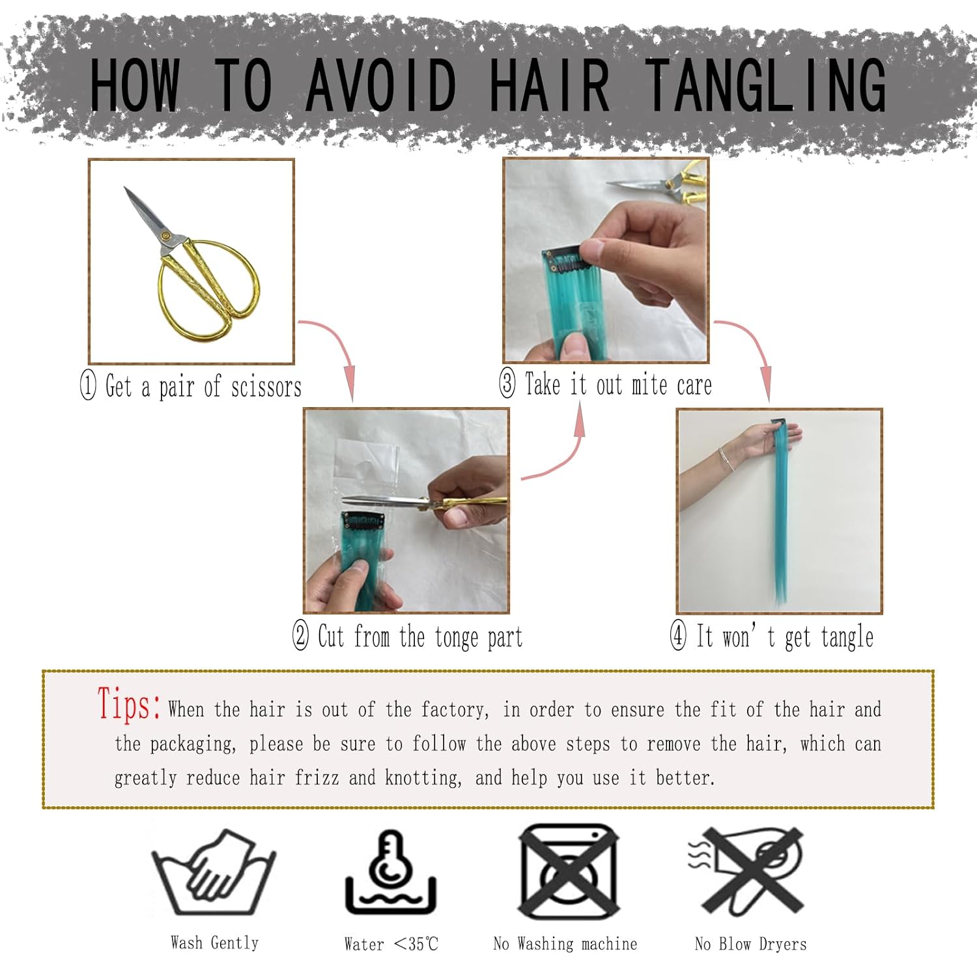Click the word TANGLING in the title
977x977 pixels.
pyautogui.click(x=766, y=85)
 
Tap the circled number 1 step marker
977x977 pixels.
pyautogui.click(x=88, y=385)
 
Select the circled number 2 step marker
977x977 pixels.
pyautogui.click(x=300, y=635)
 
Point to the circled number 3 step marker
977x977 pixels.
pyautogui.click(x=507, y=383)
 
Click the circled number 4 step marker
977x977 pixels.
pyautogui.click(x=678, y=635)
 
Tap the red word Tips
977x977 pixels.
pyautogui.click(x=129, y=705)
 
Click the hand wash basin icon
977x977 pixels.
pyautogui.click(x=214, y=873)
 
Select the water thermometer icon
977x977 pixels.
pyautogui.click(x=391, y=872)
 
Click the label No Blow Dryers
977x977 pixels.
pyautogui.click(x=750, y=944)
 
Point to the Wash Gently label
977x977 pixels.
pyautogui.click(x=214, y=942)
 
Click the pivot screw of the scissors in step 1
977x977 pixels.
pyautogui.click(x=165, y=235)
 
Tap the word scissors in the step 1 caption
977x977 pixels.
pyautogui.click(x=266, y=387)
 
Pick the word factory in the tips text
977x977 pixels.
pyautogui.click(x=455, y=709)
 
